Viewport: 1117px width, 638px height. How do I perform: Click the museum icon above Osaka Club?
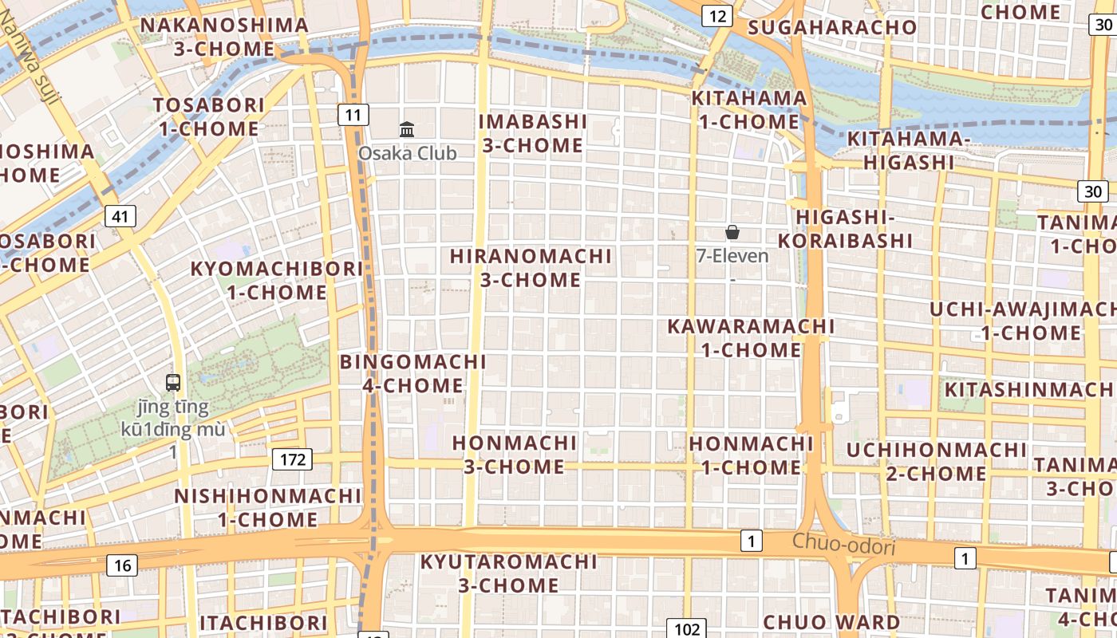click(407, 129)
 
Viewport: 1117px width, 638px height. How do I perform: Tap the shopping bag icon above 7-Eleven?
click(732, 232)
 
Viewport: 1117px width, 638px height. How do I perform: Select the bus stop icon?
click(173, 382)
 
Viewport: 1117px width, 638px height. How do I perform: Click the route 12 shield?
click(717, 16)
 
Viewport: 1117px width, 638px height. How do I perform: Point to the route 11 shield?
click(353, 115)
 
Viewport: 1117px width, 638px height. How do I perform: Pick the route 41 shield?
click(120, 216)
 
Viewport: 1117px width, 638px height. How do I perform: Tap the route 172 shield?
click(292, 459)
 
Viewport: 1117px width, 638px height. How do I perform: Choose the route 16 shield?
click(122, 565)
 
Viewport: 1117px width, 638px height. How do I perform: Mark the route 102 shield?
click(686, 628)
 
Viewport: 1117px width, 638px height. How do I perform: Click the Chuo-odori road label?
click(843, 545)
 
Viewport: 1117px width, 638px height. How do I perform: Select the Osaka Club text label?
click(407, 153)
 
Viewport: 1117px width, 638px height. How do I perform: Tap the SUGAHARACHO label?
click(832, 27)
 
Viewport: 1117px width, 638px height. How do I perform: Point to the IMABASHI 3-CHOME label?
click(533, 133)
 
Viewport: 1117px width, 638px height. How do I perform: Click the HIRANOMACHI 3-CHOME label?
click(531, 268)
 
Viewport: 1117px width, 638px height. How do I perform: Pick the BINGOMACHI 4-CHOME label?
click(412, 373)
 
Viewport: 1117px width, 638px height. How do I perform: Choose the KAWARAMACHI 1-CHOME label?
click(751, 337)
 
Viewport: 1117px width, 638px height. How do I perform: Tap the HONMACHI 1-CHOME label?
click(751, 455)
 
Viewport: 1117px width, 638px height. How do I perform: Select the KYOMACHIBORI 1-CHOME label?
click(277, 280)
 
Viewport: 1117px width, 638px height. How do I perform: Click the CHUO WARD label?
click(831, 622)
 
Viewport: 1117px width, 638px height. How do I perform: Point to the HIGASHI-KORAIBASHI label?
click(845, 229)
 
